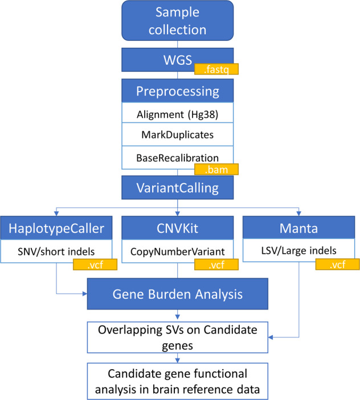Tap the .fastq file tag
coord(216,70)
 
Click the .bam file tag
coord(216,170)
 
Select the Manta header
coord(300,228)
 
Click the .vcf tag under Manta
coord(337,265)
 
